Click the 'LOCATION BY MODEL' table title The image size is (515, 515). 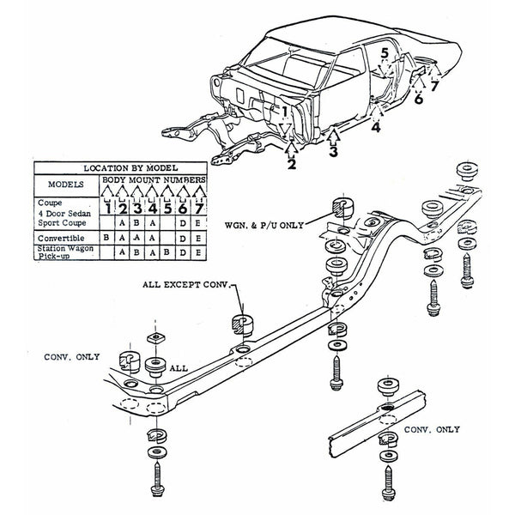(x=118, y=167)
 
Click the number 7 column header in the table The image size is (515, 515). (x=199, y=207)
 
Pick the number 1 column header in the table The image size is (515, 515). (x=106, y=207)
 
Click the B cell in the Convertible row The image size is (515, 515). (x=106, y=235)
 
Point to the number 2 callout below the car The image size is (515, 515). (x=292, y=165)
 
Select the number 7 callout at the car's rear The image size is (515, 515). (x=434, y=85)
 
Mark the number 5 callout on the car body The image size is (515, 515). (x=385, y=54)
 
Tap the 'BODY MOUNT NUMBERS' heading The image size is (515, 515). (x=154, y=180)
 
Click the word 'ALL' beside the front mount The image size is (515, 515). (x=179, y=367)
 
